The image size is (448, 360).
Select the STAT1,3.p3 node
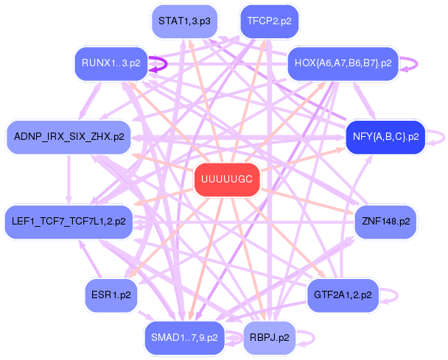click(x=183, y=21)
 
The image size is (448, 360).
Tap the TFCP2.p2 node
click(x=269, y=21)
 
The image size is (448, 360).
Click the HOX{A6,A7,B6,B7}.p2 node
click(x=343, y=63)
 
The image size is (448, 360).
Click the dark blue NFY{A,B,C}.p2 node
click(x=385, y=137)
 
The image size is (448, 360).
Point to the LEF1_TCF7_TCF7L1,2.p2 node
click(x=69, y=220)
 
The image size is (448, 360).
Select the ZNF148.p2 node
click(x=385, y=220)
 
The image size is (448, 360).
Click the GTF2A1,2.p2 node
click(x=342, y=294)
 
